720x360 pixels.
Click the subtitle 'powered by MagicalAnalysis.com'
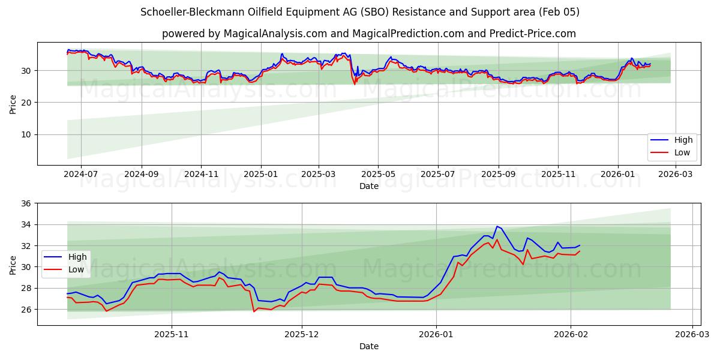pos(368,34)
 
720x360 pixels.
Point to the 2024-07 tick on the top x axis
pos(80,174)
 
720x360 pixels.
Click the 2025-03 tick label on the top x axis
pos(318,174)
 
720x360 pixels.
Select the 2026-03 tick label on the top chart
pos(676,174)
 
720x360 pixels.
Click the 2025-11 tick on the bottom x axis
pos(172,334)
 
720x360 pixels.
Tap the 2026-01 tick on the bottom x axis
pos(436,334)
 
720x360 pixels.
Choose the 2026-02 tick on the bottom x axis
pos(571,334)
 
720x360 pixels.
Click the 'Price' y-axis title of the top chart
pos(13,103)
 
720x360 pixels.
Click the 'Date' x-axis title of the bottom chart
pos(368,346)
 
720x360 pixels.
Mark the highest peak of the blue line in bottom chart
pos(497,226)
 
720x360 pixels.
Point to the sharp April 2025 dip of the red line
pos(355,83)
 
